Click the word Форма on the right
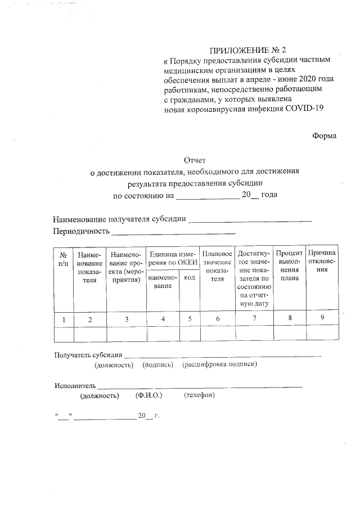click(325, 136)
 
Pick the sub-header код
click(190, 278)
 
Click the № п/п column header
click(64, 260)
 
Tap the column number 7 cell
click(254, 319)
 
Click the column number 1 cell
click(64, 319)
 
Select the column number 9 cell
click(322, 318)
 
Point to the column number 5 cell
click(190, 319)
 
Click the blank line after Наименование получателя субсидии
click(251, 220)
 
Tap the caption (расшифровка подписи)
click(219, 365)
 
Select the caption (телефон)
click(199, 395)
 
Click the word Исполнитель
click(75, 386)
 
